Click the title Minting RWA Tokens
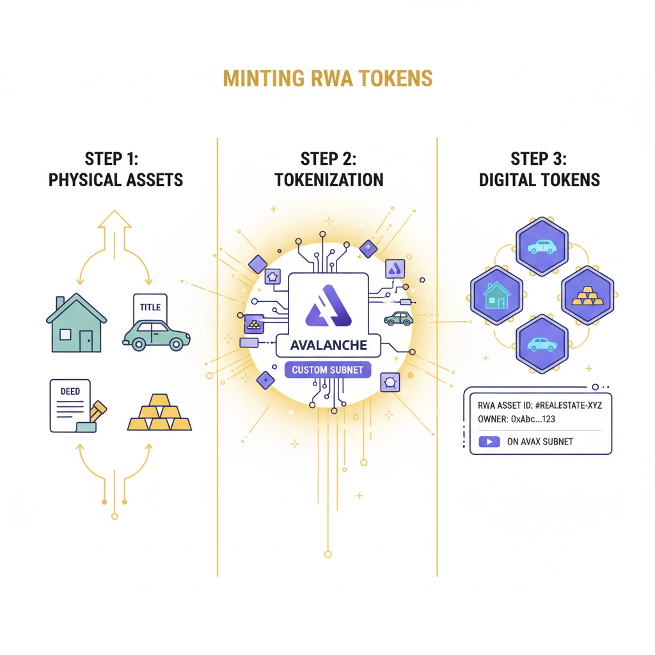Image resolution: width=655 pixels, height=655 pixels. click(327, 79)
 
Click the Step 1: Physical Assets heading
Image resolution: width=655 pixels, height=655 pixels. click(116, 169)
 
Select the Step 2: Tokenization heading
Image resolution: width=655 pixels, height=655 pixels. click(329, 169)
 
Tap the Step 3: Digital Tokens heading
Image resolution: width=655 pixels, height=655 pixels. click(539, 169)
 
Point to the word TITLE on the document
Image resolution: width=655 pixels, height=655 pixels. click(150, 308)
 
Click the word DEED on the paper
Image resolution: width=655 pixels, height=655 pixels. click(70, 391)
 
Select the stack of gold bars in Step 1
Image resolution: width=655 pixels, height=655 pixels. click(159, 413)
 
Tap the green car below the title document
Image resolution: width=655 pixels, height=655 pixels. click(156, 335)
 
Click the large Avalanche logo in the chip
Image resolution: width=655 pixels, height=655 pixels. click(328, 308)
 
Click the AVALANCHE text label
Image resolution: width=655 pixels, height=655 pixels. click(328, 345)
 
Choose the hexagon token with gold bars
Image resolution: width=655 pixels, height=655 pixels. click(587, 294)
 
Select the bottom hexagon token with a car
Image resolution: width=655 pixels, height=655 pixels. click(541, 343)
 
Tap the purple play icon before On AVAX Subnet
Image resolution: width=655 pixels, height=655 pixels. click(491, 441)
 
